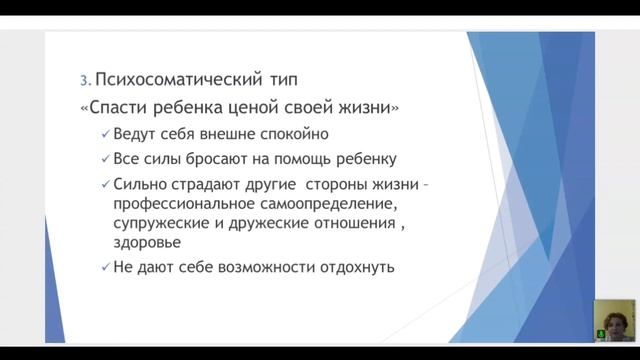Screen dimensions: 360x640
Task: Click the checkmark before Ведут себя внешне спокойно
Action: click(x=106, y=135)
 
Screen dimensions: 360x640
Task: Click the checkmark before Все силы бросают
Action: click(x=106, y=160)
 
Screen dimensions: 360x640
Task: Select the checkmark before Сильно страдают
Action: click(x=106, y=185)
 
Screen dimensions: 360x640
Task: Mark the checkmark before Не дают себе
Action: click(x=106, y=268)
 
